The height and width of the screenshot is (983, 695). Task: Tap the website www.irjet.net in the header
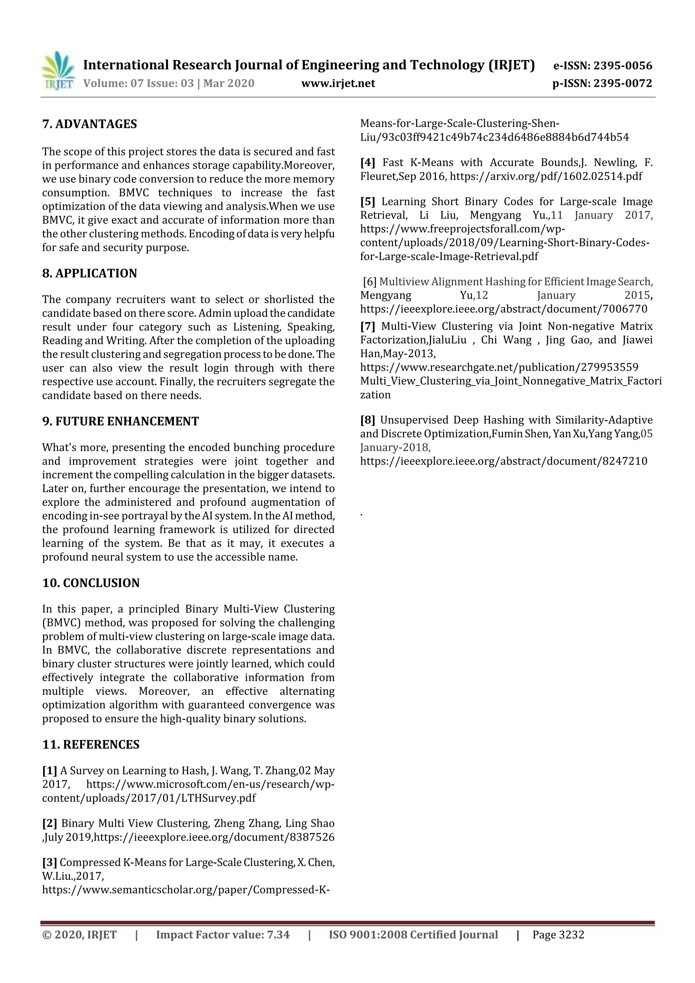pyautogui.click(x=338, y=83)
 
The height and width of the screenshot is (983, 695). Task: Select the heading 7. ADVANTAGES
pyautogui.click(x=90, y=124)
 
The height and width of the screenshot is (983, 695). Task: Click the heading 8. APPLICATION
pyautogui.click(x=90, y=273)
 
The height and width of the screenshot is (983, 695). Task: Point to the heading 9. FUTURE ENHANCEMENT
pyautogui.click(x=120, y=421)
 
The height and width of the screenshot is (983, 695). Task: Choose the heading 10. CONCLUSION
pyautogui.click(x=91, y=583)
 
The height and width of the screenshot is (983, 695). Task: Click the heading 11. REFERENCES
pyautogui.click(x=91, y=744)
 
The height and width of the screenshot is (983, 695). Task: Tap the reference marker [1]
pyautogui.click(x=49, y=771)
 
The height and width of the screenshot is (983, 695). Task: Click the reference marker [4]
pyautogui.click(x=368, y=163)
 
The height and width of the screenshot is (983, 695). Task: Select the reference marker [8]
pyautogui.click(x=368, y=420)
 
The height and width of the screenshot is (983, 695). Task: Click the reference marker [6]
pyautogui.click(x=370, y=282)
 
